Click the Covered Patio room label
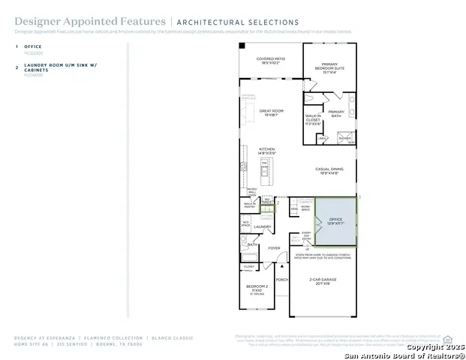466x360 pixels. click(270, 61)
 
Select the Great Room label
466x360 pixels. click(270, 112)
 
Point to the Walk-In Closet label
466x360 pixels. click(314, 120)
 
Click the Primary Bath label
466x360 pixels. click(336, 114)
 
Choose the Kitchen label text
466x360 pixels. click(268, 151)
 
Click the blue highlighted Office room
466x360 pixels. click(335, 221)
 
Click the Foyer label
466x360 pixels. click(274, 248)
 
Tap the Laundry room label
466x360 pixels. click(262, 226)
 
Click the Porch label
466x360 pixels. click(281, 280)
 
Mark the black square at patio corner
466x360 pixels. click(242, 46)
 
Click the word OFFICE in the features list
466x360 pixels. click(33, 46)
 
